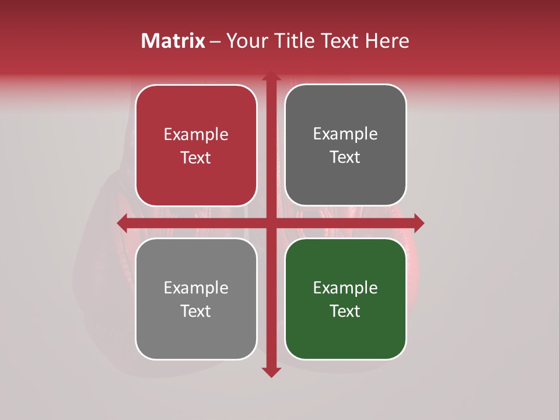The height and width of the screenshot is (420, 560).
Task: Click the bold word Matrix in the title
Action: pyautogui.click(x=173, y=41)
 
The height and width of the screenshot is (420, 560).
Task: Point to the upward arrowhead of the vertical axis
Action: pyautogui.click(x=271, y=76)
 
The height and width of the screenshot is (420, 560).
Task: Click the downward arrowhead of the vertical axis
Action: pyautogui.click(x=271, y=372)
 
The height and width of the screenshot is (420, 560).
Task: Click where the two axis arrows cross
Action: pyautogui.click(x=271, y=223)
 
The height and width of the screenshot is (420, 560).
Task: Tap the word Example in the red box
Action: pyautogui.click(x=196, y=135)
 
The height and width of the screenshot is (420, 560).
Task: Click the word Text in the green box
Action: pyautogui.click(x=345, y=311)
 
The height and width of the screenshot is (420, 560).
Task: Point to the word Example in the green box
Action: pyautogui.click(x=345, y=288)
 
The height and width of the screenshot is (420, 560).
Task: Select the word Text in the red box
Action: pyautogui.click(x=196, y=158)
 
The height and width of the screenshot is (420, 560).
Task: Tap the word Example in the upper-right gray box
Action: pyautogui.click(x=345, y=134)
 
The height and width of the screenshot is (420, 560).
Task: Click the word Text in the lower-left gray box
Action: pyautogui.click(x=196, y=311)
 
